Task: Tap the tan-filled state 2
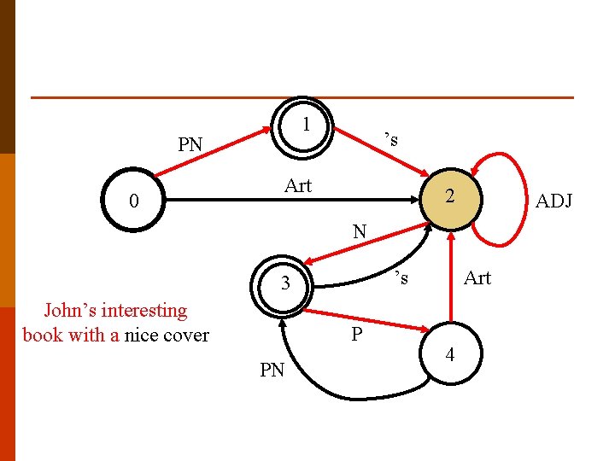[451, 199]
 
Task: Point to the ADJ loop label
[553, 201]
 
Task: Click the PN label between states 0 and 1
[190, 144]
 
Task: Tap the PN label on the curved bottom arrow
[272, 370]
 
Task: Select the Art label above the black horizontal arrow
[298, 185]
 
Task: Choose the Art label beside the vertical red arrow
[477, 278]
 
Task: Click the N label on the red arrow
[360, 231]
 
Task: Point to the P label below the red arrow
[356, 334]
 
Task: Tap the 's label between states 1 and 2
[391, 139]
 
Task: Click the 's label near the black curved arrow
[401, 277]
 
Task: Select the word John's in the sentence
[70, 310]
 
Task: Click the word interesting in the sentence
[144, 311]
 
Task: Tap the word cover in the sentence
[186, 336]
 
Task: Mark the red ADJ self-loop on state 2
[526, 200]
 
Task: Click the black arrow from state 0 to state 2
[292, 200]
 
